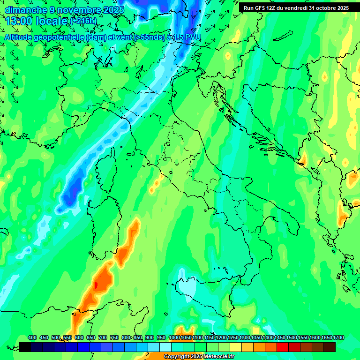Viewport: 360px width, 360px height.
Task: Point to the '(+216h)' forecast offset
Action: [x=83, y=21]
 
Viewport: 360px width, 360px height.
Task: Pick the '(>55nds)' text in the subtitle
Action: [x=149, y=37]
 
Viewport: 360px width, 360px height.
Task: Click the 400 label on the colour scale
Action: [x=32, y=337]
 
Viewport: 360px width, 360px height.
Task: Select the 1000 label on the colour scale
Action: [x=174, y=337]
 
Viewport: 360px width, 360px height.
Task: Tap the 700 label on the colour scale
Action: [x=103, y=337]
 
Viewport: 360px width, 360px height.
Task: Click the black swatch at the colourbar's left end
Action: [x=25, y=347]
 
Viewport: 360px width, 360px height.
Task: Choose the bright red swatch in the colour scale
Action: [x=283, y=347]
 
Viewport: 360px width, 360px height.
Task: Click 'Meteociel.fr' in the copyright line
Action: [x=219, y=357]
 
